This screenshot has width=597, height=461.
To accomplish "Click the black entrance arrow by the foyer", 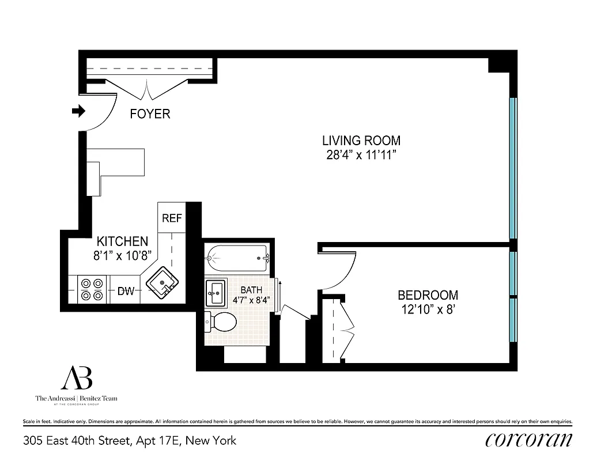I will click(x=78, y=111).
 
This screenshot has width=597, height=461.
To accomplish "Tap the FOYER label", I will click(x=150, y=114).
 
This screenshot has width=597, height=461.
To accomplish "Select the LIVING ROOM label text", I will click(x=361, y=140).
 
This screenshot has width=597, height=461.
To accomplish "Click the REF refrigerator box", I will click(x=172, y=218).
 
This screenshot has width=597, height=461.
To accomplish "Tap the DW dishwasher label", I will click(x=126, y=291).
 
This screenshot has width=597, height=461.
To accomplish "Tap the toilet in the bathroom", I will click(x=222, y=322).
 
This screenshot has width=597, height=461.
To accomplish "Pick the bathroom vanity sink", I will click(x=216, y=293).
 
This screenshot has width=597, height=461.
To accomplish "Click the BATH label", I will click(x=251, y=289).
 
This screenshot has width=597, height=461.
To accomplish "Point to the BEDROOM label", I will click(x=428, y=295).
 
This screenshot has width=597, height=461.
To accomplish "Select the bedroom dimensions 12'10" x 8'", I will click(x=428, y=309).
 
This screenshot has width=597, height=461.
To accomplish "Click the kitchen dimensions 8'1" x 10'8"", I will click(x=122, y=256).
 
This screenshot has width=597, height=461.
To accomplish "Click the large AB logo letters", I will click(x=77, y=378).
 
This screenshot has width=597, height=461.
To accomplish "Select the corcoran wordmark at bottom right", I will click(x=528, y=440).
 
